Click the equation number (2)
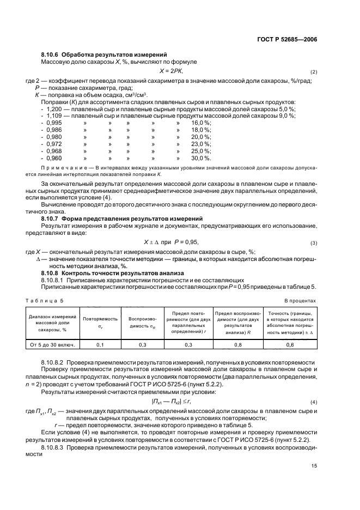click(x=313, y=72)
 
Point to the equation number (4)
click(x=313, y=402)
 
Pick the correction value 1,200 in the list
click(x=53, y=109)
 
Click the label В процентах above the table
click(x=300, y=300)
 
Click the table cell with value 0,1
click(x=100, y=344)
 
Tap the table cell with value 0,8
click(x=237, y=344)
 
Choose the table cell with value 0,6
click(x=290, y=344)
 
